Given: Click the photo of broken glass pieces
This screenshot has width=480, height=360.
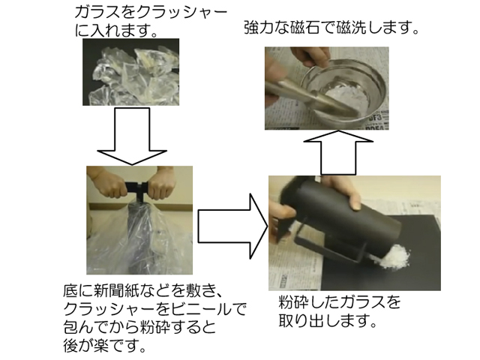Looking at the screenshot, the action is click(130, 72).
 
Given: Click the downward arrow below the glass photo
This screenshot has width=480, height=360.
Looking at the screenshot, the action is click(132, 136).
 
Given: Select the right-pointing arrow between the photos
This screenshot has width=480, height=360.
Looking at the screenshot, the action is click(233, 226).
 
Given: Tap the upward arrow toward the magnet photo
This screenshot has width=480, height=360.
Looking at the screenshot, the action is click(338, 152).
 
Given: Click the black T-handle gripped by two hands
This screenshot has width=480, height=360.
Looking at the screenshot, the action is click(137, 188).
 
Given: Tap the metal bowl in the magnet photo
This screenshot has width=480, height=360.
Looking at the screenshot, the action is click(343, 91).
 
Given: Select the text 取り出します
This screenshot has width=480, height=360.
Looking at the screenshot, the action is click(327, 320).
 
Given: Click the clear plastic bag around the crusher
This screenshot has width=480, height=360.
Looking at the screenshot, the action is click(139, 238).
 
